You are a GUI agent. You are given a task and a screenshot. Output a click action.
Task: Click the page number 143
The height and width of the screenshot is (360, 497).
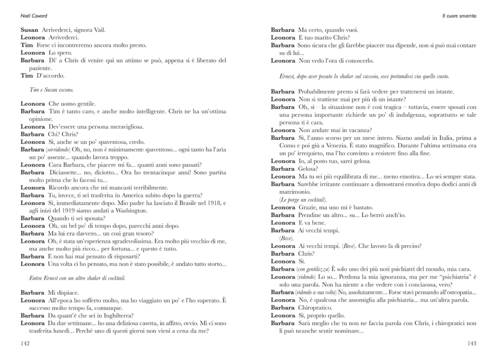[x=471, y=343]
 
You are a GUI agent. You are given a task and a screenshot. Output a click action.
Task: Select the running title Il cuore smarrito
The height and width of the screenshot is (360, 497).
[x=459, y=16]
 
